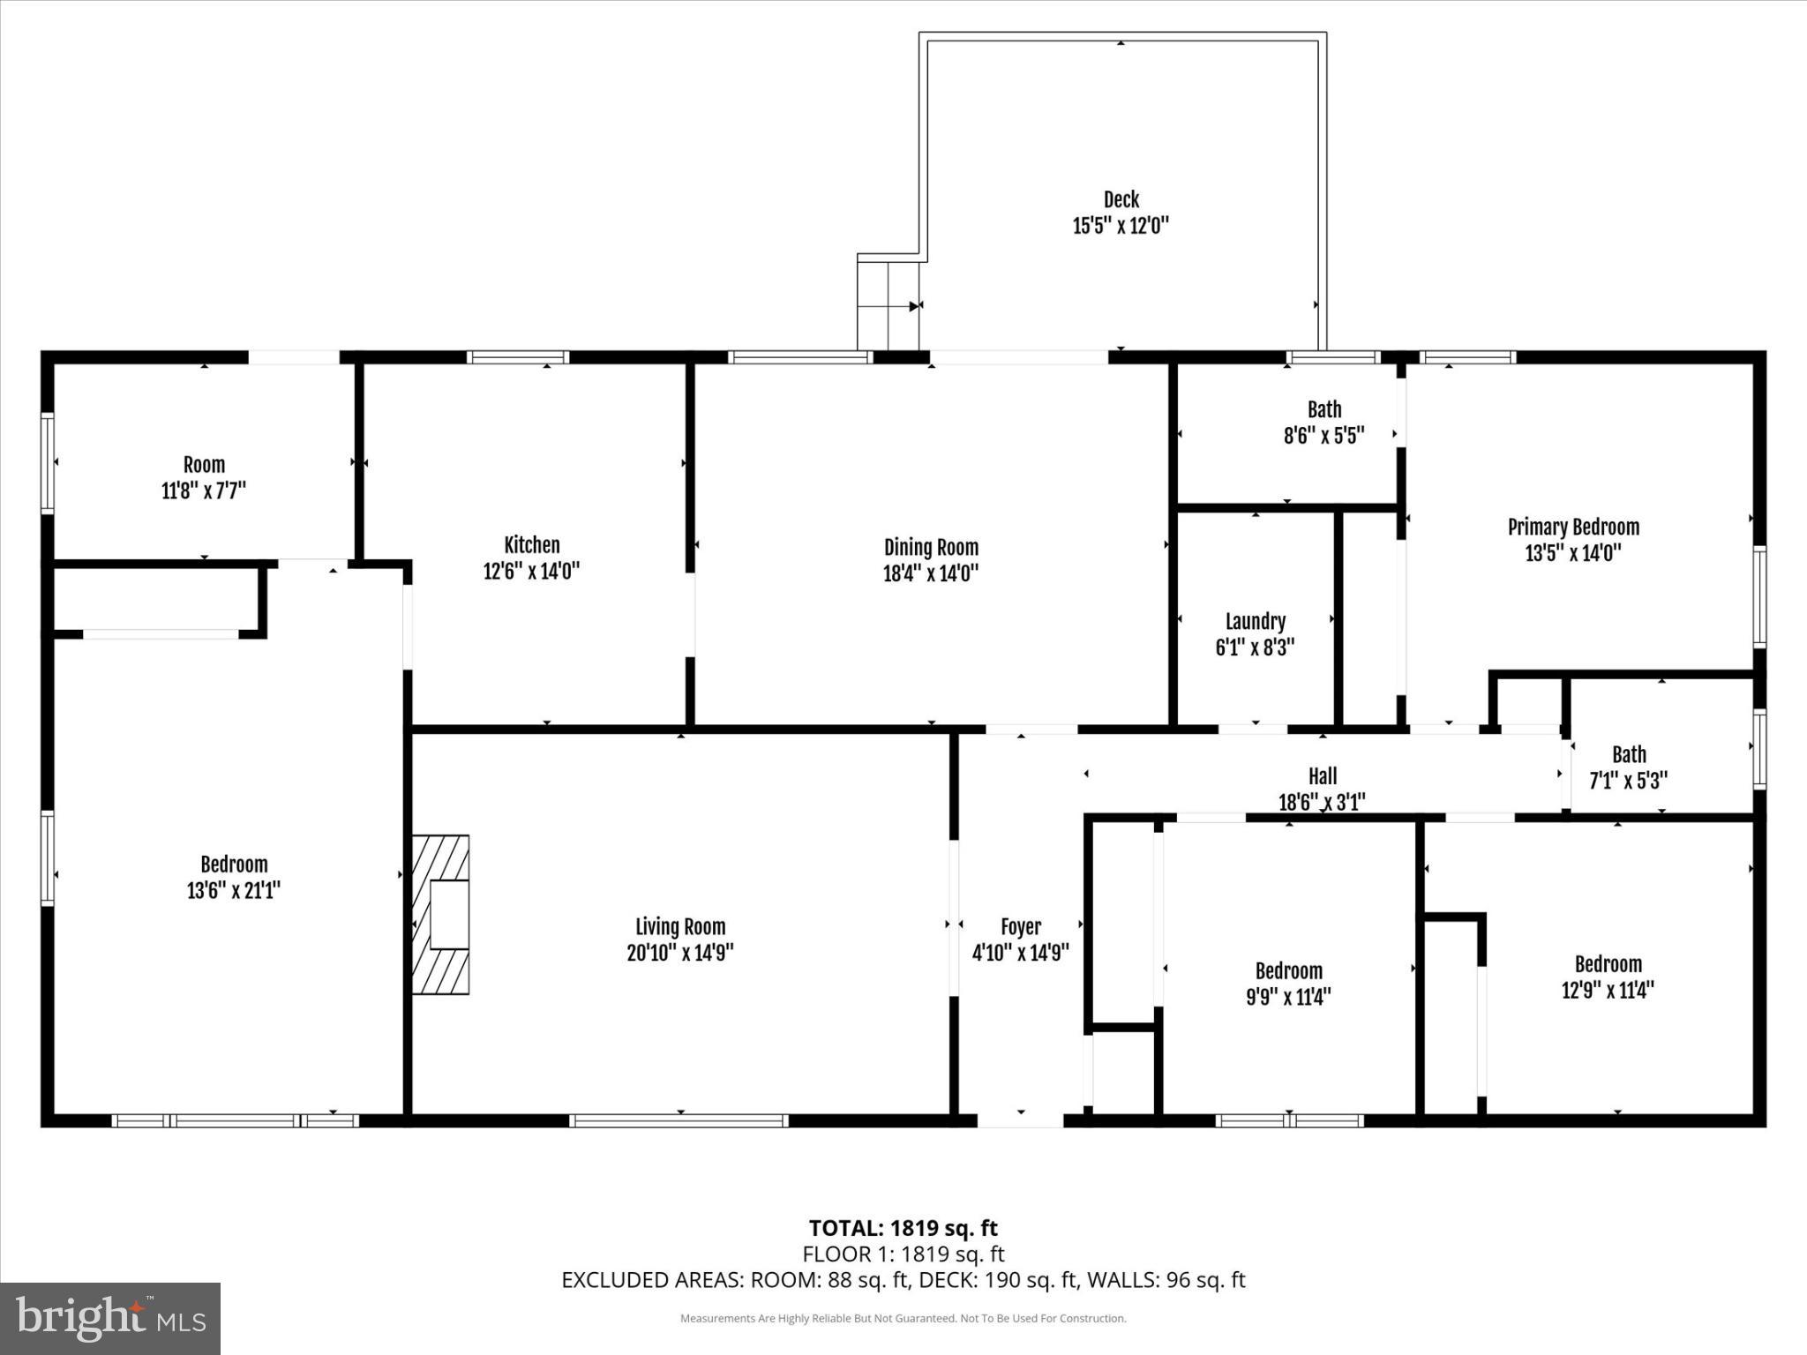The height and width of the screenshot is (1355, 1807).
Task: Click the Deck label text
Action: pos(1121,199)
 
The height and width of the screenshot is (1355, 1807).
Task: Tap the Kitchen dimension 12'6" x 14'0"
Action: pos(531,572)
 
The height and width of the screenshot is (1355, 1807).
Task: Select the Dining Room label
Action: pos(931,547)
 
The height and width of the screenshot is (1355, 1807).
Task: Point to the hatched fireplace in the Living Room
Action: pos(441,915)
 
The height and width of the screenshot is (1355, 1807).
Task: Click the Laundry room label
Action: pos(1255,621)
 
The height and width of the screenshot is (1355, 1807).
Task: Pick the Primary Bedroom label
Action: pos(1573,528)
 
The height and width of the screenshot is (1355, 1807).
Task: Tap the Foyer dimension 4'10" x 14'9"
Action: pos(1020,953)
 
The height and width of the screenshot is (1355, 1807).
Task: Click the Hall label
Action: pos(1322,776)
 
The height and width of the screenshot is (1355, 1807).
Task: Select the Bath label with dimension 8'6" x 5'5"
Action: pos(1323,409)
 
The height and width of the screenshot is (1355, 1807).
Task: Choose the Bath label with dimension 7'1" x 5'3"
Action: pos(1628,754)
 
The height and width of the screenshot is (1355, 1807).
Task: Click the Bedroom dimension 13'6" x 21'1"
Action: pos(233,891)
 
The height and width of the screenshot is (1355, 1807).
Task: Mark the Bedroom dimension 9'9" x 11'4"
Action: pos(1288,997)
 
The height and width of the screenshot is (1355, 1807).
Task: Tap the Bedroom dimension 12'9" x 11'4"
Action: pos(1607,990)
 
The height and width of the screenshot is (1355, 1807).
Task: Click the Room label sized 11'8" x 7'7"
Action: pos(204,465)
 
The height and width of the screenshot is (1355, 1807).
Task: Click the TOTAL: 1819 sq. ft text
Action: pos(903,1228)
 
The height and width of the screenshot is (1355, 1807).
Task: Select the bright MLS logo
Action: pos(110,1319)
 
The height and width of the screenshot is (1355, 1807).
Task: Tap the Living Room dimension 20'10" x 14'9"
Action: pos(679,953)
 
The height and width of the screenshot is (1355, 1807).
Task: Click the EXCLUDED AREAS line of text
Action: pos(903,1280)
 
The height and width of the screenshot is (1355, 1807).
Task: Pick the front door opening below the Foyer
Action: pos(1020,1120)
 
